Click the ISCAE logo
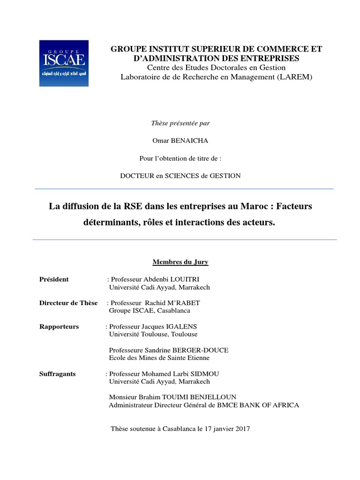62,63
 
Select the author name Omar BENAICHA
180,141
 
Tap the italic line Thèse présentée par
180,123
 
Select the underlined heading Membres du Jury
180,262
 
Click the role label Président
54,279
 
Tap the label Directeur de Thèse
68,303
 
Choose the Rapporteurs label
59,326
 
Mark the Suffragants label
57,374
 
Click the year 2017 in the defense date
241,428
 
